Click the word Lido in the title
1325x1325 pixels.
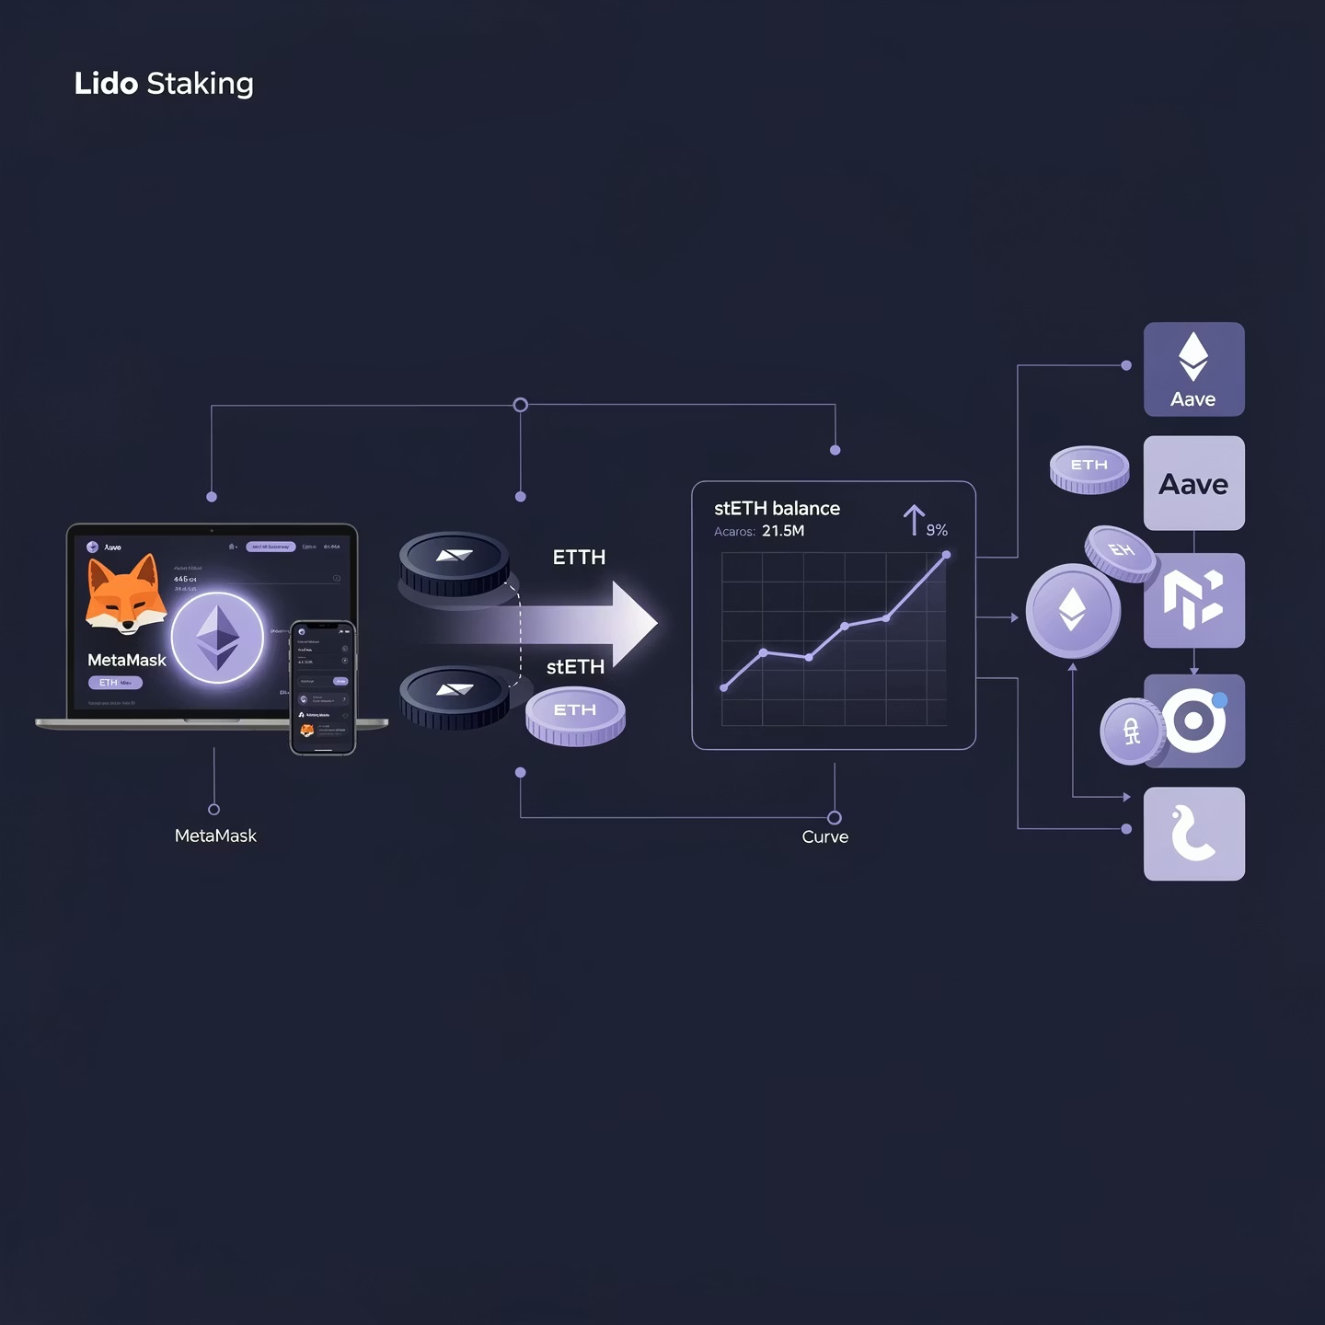point(106,84)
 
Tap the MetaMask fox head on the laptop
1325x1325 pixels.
point(125,595)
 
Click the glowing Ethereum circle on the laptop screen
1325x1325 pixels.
point(218,638)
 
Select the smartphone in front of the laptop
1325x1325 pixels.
point(323,686)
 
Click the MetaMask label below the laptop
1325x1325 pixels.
point(215,835)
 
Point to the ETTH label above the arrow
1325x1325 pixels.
point(579,558)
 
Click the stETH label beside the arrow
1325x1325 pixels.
point(575,667)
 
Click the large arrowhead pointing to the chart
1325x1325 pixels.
point(634,623)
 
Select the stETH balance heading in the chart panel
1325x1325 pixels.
point(777,509)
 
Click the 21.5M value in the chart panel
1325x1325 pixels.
point(783,531)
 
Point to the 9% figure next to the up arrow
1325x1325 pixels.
point(937,530)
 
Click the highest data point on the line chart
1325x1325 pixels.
point(946,555)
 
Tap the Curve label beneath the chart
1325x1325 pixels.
point(824,836)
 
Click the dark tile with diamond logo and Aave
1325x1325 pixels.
point(1193,369)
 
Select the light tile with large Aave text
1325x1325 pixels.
point(1193,483)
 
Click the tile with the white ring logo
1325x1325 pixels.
point(1194,720)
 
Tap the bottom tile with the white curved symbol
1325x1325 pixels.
point(1193,834)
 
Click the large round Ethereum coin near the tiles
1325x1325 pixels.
point(1072,610)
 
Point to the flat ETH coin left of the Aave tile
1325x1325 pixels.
point(1089,468)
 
